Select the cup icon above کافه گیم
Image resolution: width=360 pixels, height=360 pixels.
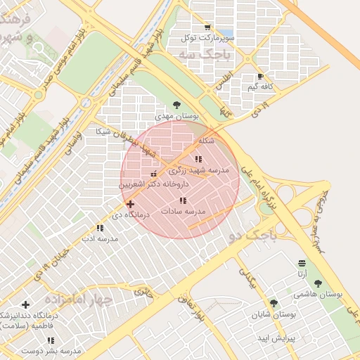point(261,77)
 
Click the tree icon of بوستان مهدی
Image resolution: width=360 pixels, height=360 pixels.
point(176,104)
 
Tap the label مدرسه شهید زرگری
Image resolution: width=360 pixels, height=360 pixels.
point(199,170)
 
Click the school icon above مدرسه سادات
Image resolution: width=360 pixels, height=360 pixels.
point(183,200)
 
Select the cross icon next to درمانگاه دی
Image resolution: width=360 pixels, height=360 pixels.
point(130,204)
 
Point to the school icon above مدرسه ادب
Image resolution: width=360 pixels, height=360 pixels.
point(99,228)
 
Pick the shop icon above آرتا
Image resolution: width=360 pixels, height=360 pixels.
point(302,263)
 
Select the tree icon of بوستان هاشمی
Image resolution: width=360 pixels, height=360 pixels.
point(319,283)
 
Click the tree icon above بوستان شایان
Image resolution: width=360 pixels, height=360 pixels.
point(274,303)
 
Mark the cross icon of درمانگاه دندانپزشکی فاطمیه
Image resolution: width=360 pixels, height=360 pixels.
point(26,304)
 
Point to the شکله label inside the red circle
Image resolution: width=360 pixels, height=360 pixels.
point(206,141)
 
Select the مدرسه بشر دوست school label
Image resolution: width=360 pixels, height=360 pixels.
point(42,350)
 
